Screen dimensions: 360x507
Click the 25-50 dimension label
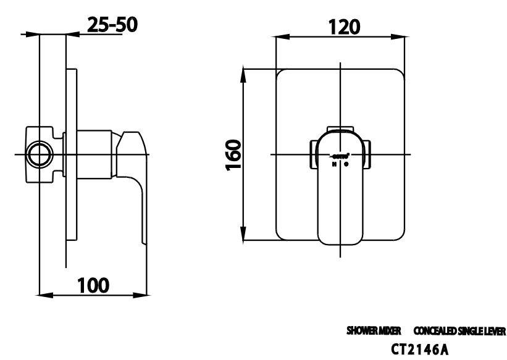click(112, 25)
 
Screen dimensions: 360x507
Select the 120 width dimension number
click(340, 27)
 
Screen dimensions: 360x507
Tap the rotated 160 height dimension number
click(233, 154)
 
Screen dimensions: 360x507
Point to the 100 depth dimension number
click(93, 285)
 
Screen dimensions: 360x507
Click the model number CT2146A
click(419, 350)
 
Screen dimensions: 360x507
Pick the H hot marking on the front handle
click(334, 164)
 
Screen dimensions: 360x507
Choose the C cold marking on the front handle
click(346, 164)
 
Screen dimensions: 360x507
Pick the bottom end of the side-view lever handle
click(146, 241)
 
